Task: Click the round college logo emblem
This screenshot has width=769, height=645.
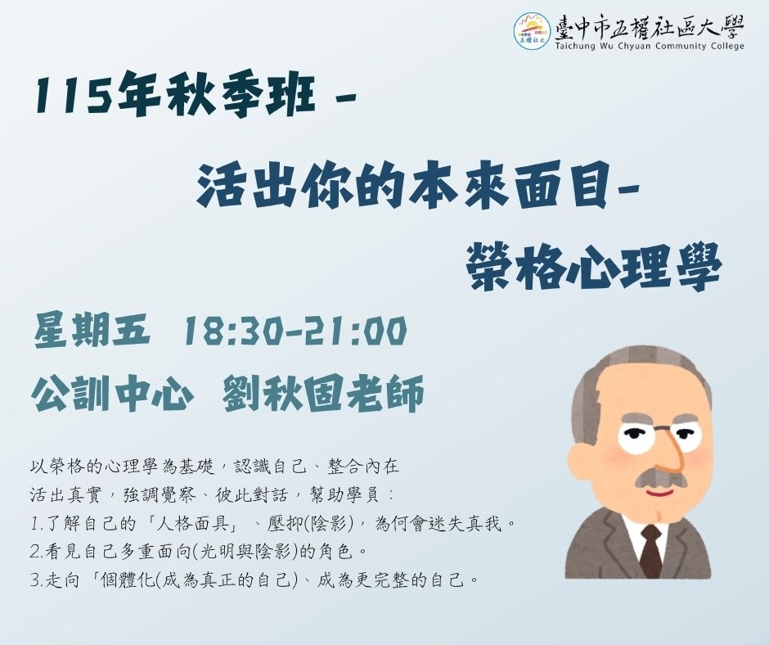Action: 532,30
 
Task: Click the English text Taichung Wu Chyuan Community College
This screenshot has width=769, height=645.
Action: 650,46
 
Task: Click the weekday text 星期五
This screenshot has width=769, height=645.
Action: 92,331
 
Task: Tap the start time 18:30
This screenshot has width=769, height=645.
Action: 233,332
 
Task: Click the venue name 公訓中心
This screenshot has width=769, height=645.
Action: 111,393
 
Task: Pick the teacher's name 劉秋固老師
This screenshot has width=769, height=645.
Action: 323,393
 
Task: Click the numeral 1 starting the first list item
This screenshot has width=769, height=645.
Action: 34,524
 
